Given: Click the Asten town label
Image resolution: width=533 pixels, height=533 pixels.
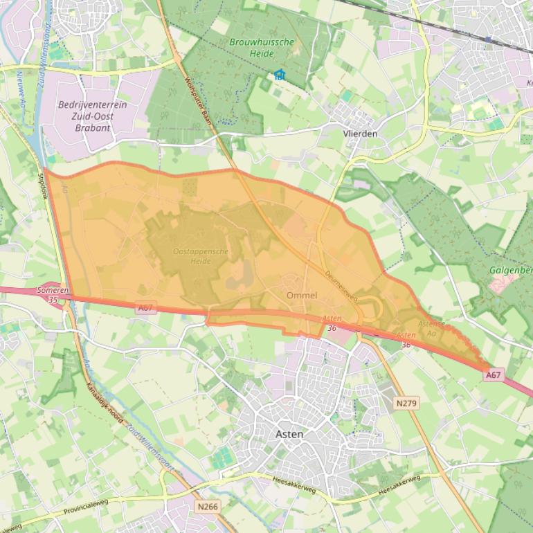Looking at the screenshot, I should click(x=289, y=434).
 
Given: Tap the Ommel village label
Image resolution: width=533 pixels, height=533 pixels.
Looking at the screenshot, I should click(x=302, y=296).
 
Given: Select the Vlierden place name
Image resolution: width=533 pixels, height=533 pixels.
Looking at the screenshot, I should click(x=361, y=134).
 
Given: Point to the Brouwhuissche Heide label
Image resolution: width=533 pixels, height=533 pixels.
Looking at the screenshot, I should click(x=262, y=48).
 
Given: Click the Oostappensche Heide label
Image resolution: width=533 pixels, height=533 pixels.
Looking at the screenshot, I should click(x=201, y=256).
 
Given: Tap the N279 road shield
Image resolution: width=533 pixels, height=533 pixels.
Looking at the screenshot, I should click(x=407, y=402).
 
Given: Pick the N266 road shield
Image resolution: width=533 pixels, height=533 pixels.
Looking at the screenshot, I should click(x=207, y=507).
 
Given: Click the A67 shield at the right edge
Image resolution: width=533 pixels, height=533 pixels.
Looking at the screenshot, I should click(x=493, y=374).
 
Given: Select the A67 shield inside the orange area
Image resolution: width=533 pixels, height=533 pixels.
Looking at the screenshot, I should click(x=145, y=308).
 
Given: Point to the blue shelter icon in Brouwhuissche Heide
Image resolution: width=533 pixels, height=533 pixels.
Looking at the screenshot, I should click(x=279, y=74).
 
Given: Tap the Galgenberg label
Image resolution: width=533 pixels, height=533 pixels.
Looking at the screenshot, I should click(x=511, y=270).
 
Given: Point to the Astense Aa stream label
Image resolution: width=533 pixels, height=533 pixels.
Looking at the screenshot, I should click(x=431, y=327).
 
